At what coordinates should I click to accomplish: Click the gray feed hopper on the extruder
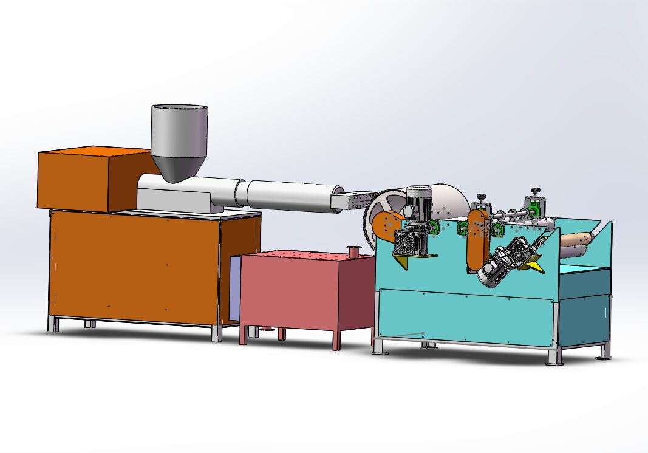point(179,137)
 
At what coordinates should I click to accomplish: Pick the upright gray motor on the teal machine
point(418,203)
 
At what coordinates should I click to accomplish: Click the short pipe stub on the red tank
point(352,250)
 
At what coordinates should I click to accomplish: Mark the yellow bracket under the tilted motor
point(535,267)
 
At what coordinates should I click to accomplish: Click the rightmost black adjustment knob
point(535,191)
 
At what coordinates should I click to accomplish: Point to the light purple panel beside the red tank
point(235,288)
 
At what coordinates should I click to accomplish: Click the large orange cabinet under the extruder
point(134,267)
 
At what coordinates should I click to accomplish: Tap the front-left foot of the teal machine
point(378,349)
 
